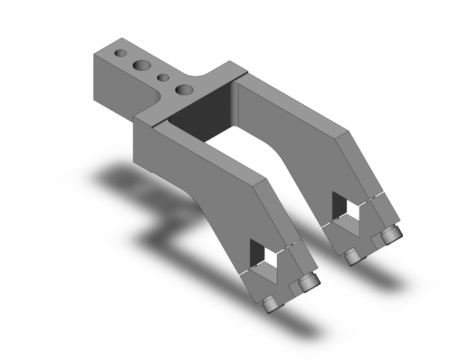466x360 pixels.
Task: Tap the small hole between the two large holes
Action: coord(163,78)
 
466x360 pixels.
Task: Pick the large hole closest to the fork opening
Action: coord(184,90)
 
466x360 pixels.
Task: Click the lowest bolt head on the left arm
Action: coord(271,304)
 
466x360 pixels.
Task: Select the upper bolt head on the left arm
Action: coord(306,283)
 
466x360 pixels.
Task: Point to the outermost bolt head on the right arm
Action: coord(391,235)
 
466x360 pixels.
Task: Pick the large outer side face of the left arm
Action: coord(188,175)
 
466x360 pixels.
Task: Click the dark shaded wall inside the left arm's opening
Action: coord(256,254)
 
